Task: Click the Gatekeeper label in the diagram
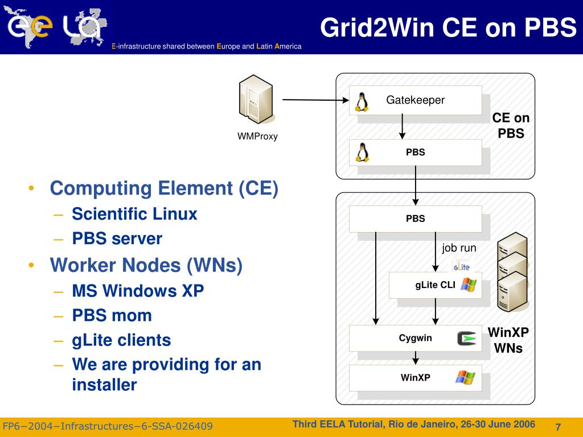point(415,100)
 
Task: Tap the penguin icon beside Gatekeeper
point(361,101)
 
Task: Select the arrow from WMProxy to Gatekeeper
point(315,101)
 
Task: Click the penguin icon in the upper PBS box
point(361,152)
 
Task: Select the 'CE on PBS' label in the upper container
point(511,126)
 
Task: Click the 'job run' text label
point(459,248)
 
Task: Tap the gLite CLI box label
point(435,286)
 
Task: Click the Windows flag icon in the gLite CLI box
point(469,285)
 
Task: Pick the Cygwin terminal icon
point(467,339)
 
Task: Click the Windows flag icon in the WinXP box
point(465,377)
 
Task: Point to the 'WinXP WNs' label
point(508,340)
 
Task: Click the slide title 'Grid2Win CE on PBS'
point(447,27)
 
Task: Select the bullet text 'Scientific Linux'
point(134,215)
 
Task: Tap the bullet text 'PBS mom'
point(112,315)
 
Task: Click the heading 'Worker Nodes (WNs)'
point(146,265)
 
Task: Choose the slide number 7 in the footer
point(558,427)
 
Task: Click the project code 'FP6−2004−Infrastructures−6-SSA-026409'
point(108,427)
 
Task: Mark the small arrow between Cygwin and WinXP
point(416,358)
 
